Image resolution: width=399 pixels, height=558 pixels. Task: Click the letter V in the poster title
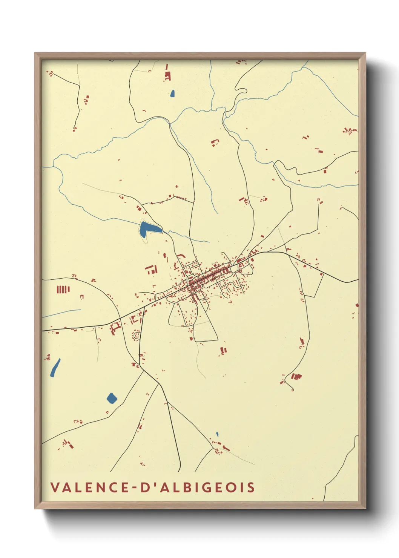click(55, 487)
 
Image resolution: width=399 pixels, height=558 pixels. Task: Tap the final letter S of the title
click(251, 487)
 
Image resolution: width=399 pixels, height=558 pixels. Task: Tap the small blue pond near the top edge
click(172, 93)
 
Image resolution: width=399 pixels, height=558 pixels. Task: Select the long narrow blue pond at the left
click(55, 368)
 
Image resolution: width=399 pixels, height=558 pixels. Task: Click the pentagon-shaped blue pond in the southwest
click(112, 398)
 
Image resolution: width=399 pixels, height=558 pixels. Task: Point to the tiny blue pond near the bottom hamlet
click(217, 434)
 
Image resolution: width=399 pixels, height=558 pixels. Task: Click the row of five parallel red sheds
click(63, 290)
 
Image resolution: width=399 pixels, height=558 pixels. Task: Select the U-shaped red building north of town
click(215, 143)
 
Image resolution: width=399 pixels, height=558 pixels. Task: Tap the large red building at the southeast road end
click(297, 376)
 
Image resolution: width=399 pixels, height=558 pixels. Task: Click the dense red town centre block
click(196, 283)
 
